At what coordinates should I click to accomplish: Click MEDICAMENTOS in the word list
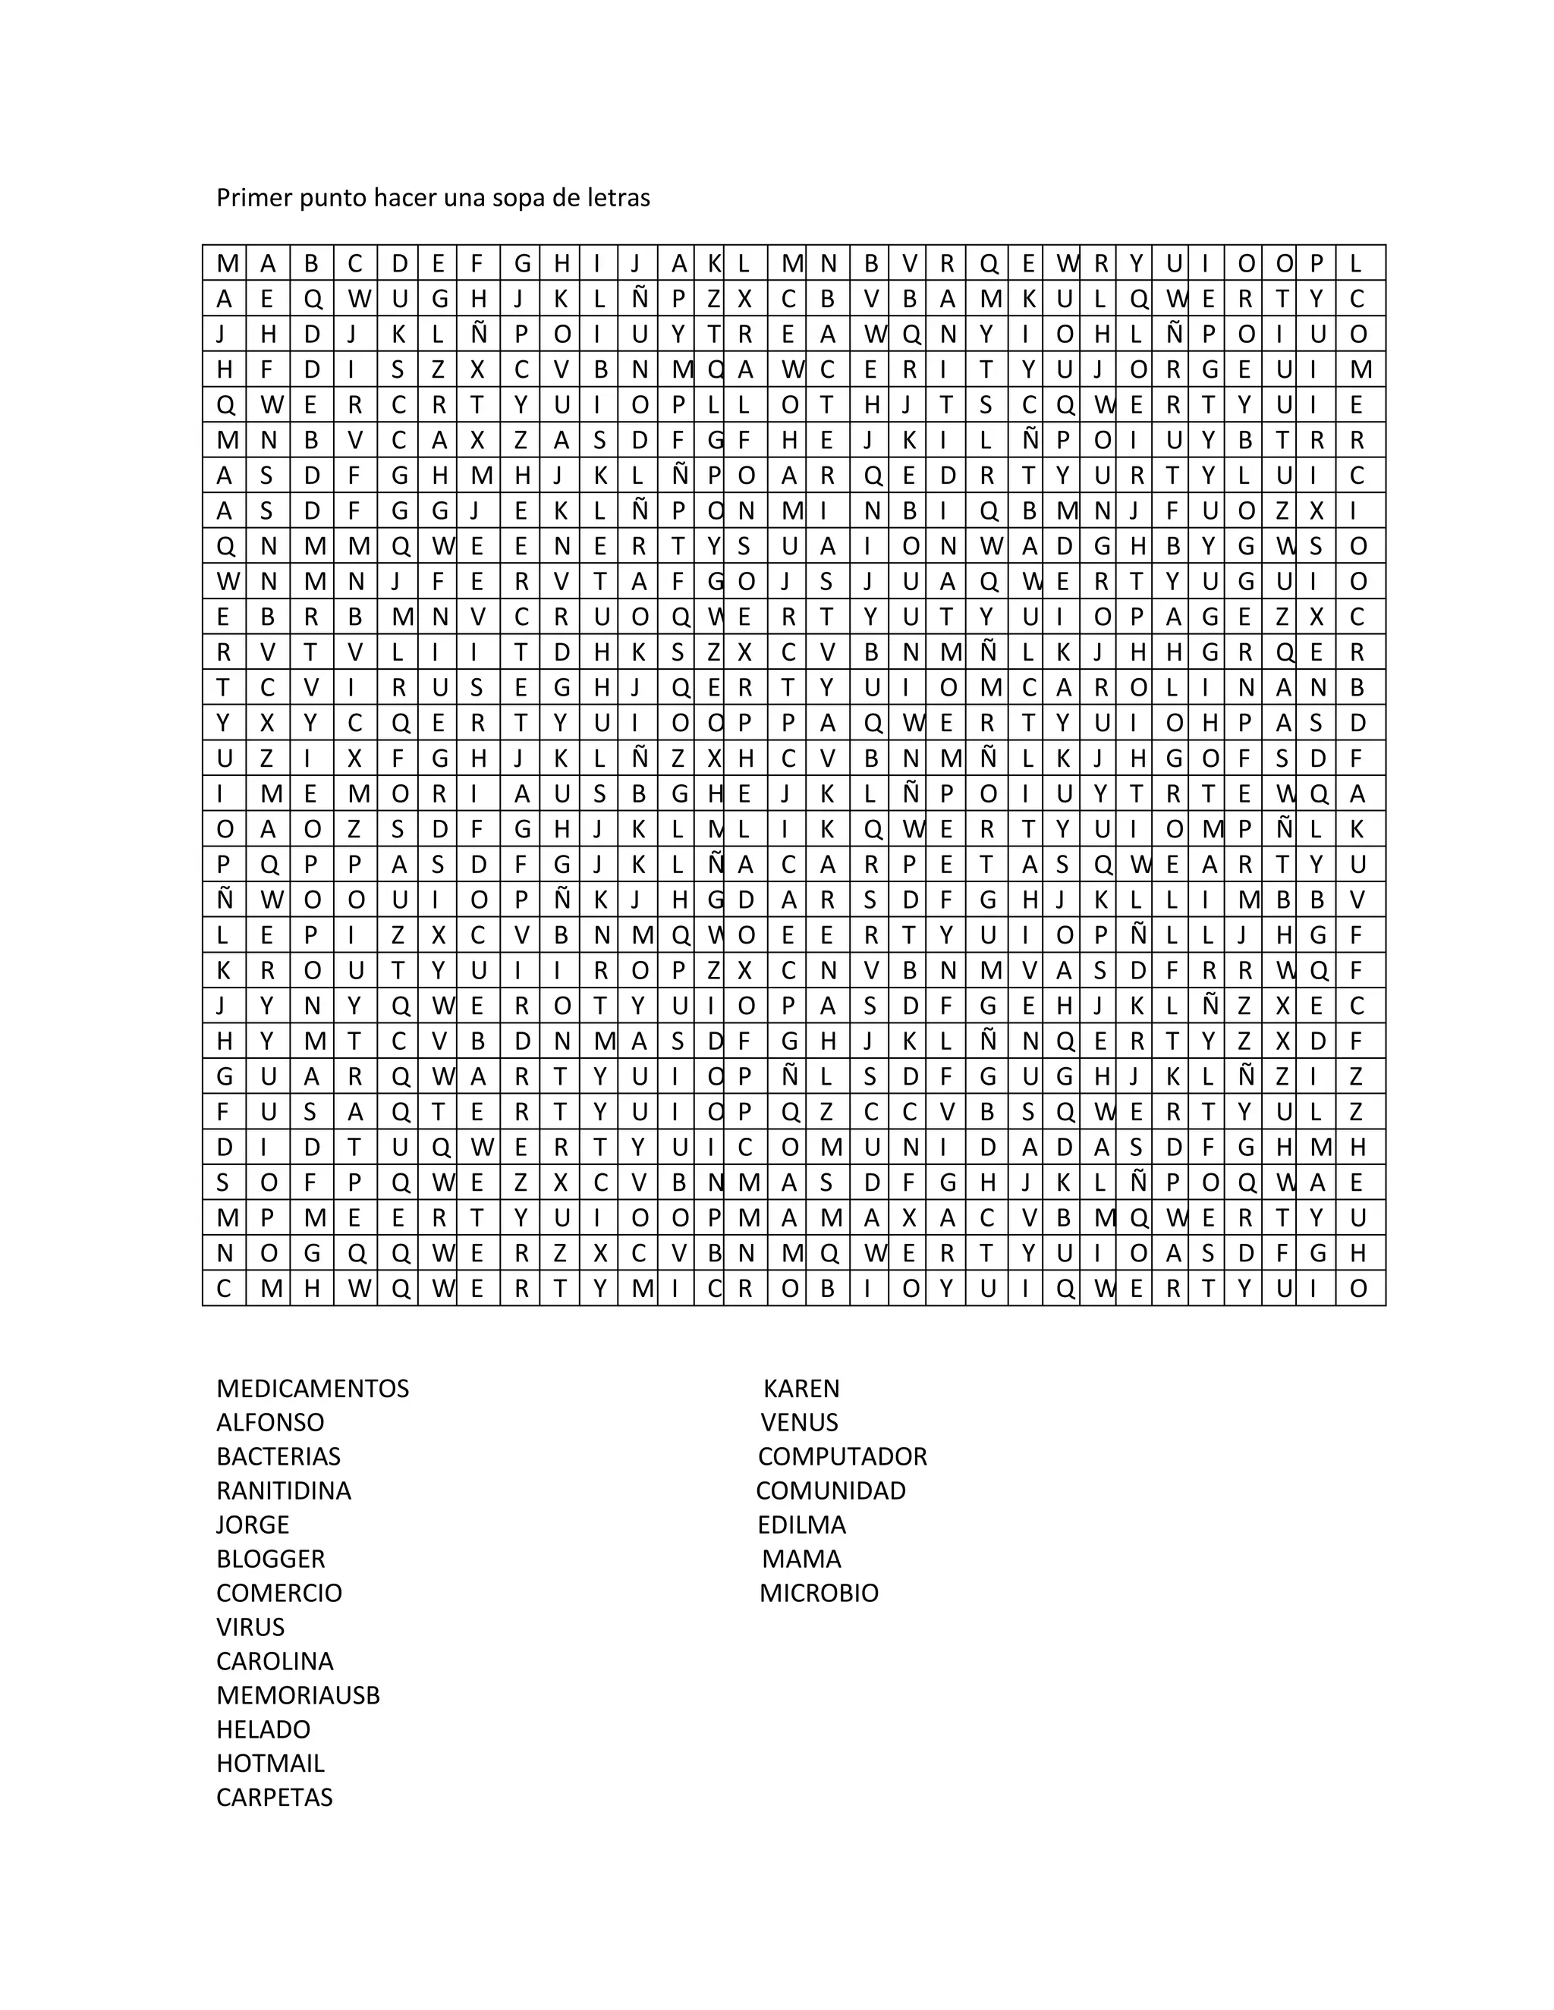[x=312, y=1389]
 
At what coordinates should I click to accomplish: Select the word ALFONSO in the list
[x=269, y=1423]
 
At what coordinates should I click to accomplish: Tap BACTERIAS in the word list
[x=278, y=1457]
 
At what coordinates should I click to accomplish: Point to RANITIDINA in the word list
[x=284, y=1491]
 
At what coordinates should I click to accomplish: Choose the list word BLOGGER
[x=271, y=1559]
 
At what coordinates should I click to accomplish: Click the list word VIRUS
[x=250, y=1627]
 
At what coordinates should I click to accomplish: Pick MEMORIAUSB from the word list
[x=297, y=1695]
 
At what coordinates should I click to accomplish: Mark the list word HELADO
[x=263, y=1729]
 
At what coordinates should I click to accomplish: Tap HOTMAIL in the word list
[x=269, y=1763]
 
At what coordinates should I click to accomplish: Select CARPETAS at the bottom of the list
[x=275, y=1798]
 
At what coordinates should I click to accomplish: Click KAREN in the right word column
[x=801, y=1389]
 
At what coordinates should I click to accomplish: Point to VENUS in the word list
[x=799, y=1423]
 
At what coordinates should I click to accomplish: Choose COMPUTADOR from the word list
[x=842, y=1457]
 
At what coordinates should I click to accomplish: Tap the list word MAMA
[x=801, y=1559]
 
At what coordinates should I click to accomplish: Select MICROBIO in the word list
[x=819, y=1593]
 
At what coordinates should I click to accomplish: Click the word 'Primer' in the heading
[x=254, y=198]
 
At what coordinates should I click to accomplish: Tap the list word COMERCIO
[x=279, y=1593]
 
